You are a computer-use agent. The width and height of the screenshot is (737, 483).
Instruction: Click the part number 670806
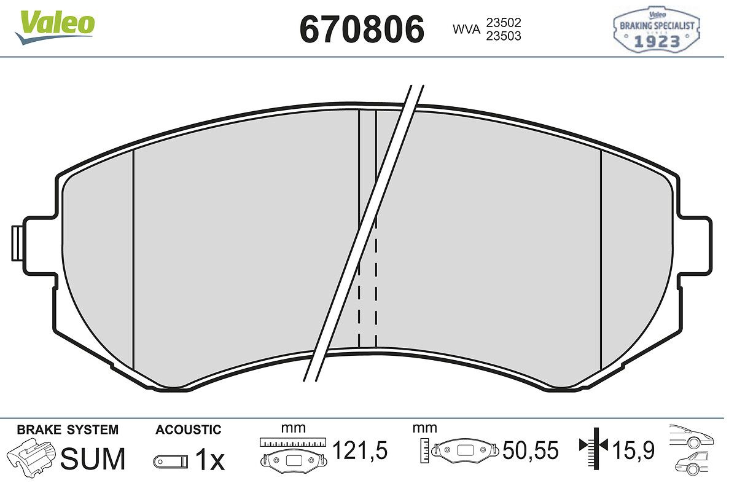(362, 29)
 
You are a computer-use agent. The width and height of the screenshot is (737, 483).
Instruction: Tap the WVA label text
(467, 29)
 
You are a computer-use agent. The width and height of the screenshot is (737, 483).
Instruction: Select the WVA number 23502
(504, 23)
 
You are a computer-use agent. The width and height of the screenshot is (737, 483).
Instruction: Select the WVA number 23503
(504, 36)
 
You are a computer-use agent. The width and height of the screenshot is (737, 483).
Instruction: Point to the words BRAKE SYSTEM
(68, 430)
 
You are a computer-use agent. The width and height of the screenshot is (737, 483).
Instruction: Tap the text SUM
(93, 458)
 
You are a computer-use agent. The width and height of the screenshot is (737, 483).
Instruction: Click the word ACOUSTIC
(189, 430)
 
